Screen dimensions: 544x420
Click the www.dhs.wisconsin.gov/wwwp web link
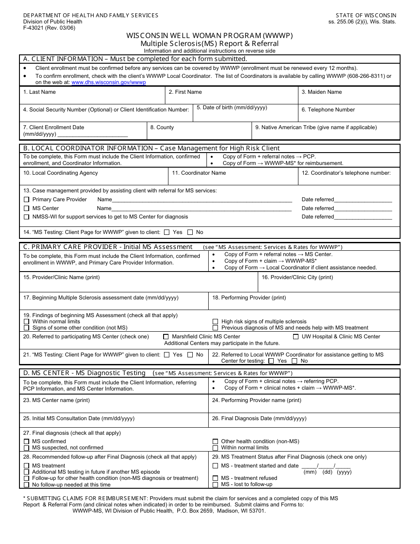click(109, 82)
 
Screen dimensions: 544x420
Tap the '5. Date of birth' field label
click(232, 107)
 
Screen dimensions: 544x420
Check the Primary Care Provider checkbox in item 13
click(27, 200)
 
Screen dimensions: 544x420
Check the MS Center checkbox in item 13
click(27, 208)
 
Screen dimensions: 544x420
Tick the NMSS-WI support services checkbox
click(27, 217)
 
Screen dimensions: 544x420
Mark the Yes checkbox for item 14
click(167, 232)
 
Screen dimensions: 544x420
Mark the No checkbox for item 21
click(190, 355)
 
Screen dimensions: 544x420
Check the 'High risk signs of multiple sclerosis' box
click(215, 322)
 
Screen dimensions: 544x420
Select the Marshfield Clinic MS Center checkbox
click(166, 337)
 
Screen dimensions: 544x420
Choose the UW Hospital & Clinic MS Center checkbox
click(296, 337)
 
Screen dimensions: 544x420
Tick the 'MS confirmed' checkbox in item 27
click(27, 441)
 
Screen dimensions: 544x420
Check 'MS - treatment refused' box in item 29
click(215, 478)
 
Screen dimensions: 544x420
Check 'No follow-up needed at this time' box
click(27, 485)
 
